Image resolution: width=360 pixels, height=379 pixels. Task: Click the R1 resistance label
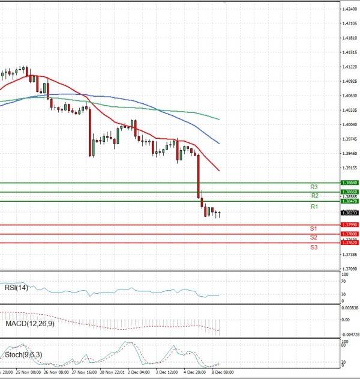point(314,207)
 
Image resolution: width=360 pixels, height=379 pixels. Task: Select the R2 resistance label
point(314,196)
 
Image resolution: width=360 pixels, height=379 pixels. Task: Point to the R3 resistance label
point(314,187)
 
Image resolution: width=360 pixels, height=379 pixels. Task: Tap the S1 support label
point(313,229)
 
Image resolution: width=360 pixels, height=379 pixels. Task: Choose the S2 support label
point(313,238)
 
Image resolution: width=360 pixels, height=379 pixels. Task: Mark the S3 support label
point(313,247)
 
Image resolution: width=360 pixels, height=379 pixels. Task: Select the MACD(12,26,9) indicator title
point(29,324)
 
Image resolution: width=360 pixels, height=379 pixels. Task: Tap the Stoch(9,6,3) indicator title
point(23,357)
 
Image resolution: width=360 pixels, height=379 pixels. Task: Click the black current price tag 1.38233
point(349,213)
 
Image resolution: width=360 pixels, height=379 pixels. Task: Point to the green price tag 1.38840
point(349,183)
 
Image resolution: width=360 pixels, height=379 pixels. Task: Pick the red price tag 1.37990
point(349,225)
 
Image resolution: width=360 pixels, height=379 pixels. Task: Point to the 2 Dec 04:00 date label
point(139,373)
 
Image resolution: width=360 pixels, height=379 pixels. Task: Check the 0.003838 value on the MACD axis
point(350,308)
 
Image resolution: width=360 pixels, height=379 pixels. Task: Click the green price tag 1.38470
point(349,201)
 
